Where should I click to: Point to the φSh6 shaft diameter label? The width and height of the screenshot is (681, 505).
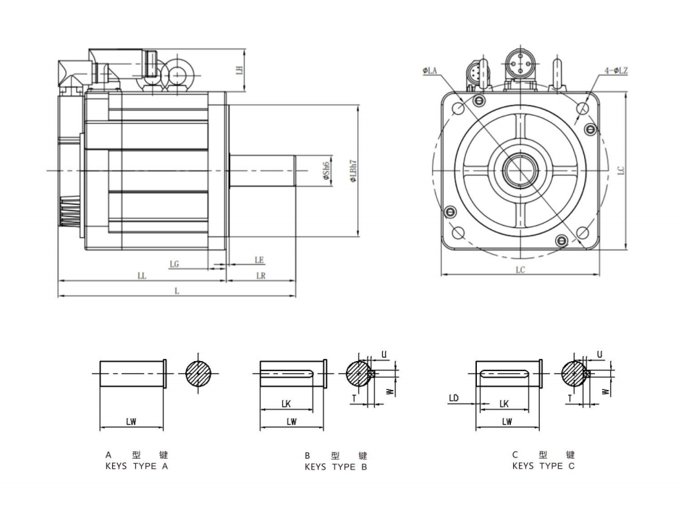326,169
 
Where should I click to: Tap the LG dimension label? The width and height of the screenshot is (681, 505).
174,264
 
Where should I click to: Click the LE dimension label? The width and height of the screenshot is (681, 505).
259,259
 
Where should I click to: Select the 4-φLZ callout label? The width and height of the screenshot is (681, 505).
616,70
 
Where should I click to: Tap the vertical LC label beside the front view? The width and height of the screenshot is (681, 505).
622,170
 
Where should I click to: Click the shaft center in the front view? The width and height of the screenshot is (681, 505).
520,170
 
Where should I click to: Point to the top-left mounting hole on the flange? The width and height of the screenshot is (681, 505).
458,108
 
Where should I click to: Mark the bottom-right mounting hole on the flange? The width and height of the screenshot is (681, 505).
583,232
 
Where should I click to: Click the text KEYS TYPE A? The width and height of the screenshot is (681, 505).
137,467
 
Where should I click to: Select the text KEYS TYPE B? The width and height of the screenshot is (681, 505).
336,467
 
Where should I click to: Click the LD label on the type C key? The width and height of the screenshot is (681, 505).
454,398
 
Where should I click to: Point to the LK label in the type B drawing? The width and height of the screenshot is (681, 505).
287,404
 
